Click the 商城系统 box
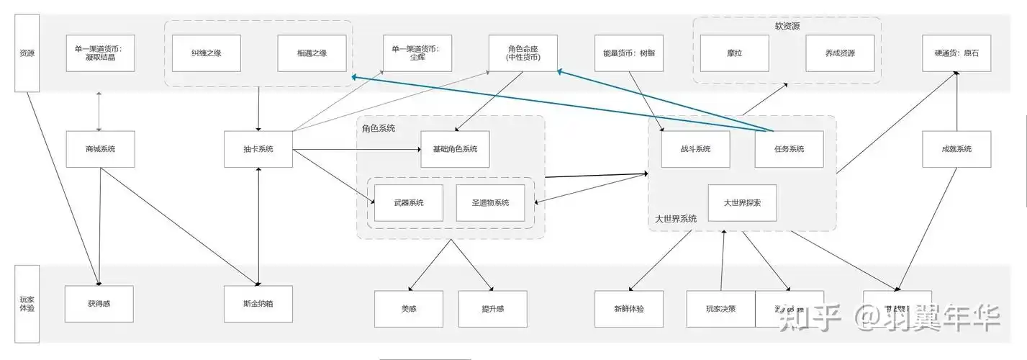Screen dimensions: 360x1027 tap(100, 149)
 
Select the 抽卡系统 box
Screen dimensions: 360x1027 tap(258, 149)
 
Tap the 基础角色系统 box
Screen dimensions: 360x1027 tap(455, 149)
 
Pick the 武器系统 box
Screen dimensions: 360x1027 tap(409, 202)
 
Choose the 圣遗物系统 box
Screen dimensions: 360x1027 tap(491, 202)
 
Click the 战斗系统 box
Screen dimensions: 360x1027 tap(695, 149)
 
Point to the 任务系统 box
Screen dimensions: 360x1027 tap(789, 149)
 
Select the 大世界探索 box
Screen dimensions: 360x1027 tap(742, 203)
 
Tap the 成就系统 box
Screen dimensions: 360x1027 tap(956, 149)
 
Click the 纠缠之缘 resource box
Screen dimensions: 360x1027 tap(207, 53)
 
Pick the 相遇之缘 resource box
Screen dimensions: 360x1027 tap(312, 53)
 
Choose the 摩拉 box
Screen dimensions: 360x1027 tap(735, 53)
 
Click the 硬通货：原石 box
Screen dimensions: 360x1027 tap(956, 53)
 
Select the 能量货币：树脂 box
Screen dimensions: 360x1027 tap(629, 53)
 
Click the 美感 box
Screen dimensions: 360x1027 tap(409, 308)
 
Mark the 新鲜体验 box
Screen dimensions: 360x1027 tap(629, 308)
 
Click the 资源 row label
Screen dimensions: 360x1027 tap(27, 53)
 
